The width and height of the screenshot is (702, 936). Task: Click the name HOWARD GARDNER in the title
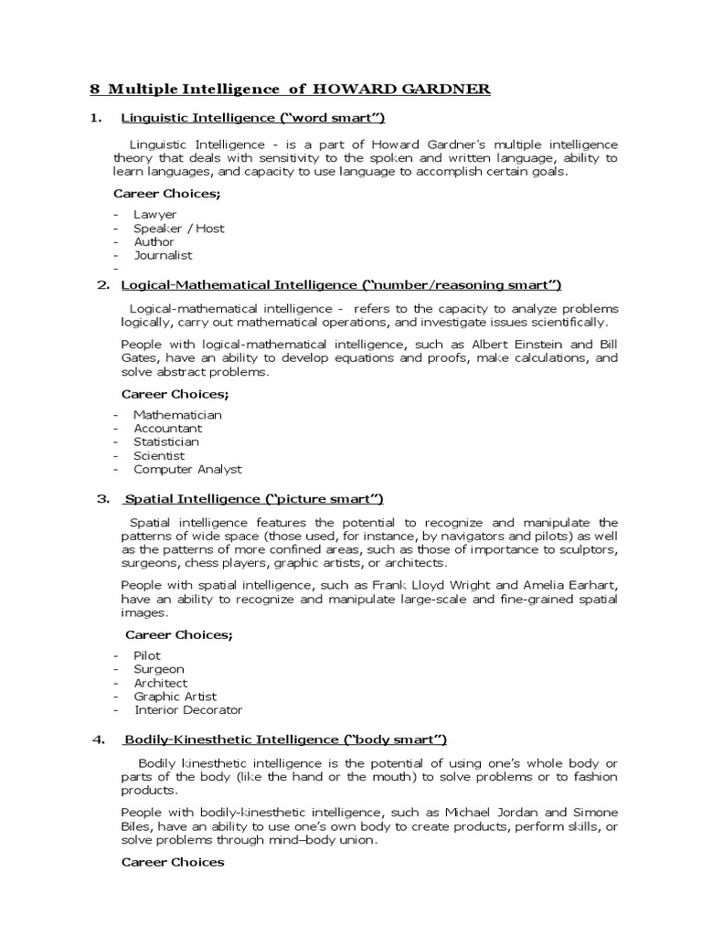[x=402, y=89]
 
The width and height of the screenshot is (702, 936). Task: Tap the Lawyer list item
[x=155, y=214]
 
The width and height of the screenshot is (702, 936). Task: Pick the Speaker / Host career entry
[x=179, y=228]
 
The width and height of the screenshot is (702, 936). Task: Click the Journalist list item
[x=164, y=255]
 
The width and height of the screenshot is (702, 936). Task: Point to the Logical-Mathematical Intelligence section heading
[x=341, y=284]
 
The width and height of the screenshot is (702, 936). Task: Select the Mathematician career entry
[x=178, y=414]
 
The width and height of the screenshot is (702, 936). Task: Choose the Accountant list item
[x=168, y=428]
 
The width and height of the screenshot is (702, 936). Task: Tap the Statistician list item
[x=166, y=441]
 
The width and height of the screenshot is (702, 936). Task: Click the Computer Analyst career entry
[x=188, y=469]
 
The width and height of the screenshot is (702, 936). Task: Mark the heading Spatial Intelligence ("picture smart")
[x=253, y=498]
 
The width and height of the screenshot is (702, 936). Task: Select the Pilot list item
[x=147, y=655]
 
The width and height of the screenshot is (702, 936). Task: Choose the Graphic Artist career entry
[x=175, y=697]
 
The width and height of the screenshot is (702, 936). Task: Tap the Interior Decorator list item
[x=188, y=710]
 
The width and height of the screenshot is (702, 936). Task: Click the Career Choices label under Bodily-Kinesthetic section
[x=173, y=862]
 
